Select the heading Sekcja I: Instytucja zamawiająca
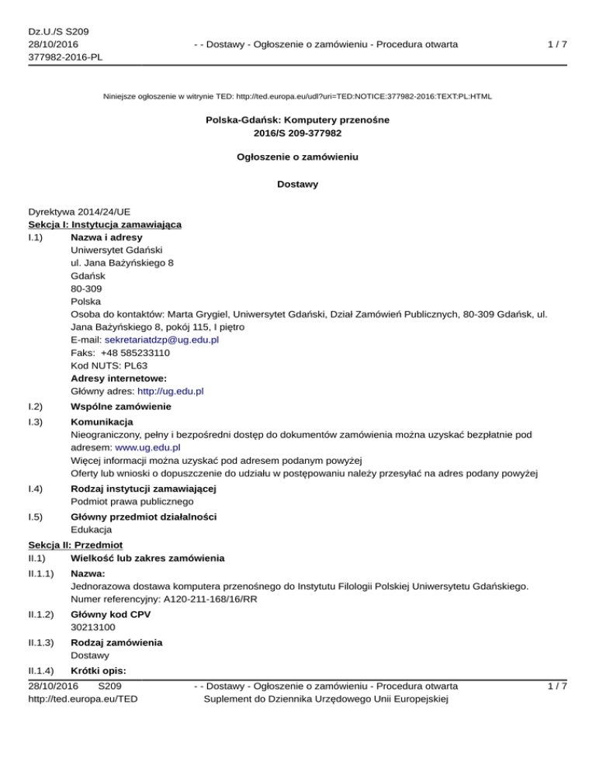[x=105, y=224]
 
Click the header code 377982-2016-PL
[x=66, y=57]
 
